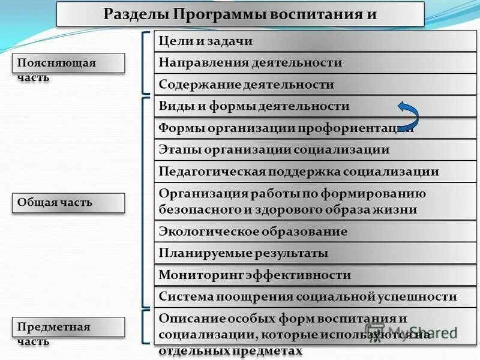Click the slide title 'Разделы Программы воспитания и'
click(x=240, y=14)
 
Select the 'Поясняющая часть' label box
click(x=68, y=63)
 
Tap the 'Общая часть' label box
click(x=68, y=203)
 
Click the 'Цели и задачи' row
click(x=314, y=41)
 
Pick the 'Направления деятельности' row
click(x=314, y=62)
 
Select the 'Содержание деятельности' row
click(x=314, y=85)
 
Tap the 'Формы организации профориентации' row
click(x=314, y=128)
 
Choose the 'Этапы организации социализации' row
click(x=314, y=150)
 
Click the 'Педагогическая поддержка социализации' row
click(x=314, y=172)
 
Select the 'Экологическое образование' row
click(x=314, y=232)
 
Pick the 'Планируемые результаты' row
click(x=314, y=253)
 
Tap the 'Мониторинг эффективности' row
click(x=314, y=275)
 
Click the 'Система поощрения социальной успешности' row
click(x=314, y=297)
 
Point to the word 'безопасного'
click(x=196, y=210)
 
